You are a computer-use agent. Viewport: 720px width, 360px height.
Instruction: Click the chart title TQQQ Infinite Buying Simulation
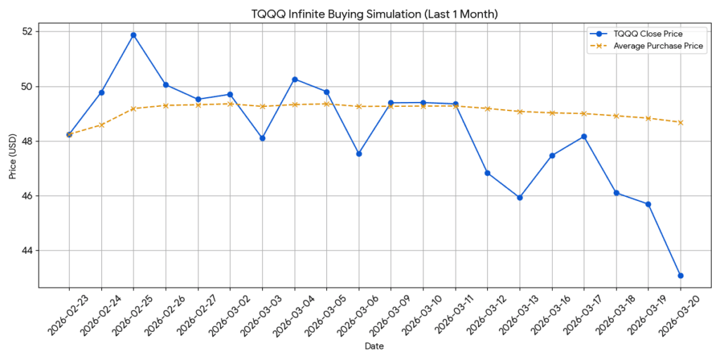click(375, 13)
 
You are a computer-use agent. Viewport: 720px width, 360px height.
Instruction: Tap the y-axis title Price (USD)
click(13, 156)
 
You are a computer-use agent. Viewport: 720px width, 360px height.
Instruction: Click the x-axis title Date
click(375, 346)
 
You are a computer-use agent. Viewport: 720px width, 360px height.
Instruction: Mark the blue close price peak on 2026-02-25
click(134, 35)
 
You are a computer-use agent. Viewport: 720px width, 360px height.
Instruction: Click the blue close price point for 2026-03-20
click(681, 276)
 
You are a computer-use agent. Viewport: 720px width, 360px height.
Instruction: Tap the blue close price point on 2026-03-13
click(520, 198)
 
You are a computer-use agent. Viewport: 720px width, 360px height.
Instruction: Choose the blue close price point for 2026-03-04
click(295, 79)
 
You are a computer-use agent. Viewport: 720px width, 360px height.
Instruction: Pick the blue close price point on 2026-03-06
click(359, 153)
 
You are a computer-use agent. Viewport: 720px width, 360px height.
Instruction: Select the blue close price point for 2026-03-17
click(584, 136)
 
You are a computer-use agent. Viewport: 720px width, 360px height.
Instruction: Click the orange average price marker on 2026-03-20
click(681, 122)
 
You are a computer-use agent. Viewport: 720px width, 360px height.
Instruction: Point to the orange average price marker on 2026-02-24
click(101, 125)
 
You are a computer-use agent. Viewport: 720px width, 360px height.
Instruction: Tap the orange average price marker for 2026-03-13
click(520, 112)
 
